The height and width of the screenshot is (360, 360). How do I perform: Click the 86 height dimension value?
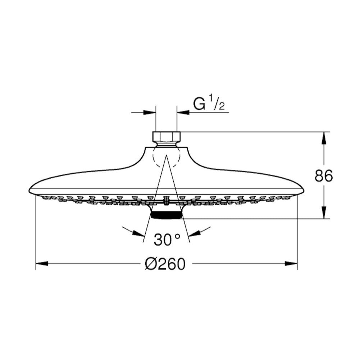[x=323, y=176]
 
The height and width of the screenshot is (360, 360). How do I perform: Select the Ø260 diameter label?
[x=165, y=264]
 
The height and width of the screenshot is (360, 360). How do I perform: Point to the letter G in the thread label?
[x=199, y=104]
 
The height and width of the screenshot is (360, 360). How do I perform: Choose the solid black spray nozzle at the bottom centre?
[x=167, y=215]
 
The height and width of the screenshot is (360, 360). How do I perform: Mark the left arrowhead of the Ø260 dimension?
[x=42, y=263]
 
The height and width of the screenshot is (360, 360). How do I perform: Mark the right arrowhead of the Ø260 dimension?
[x=291, y=263]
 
